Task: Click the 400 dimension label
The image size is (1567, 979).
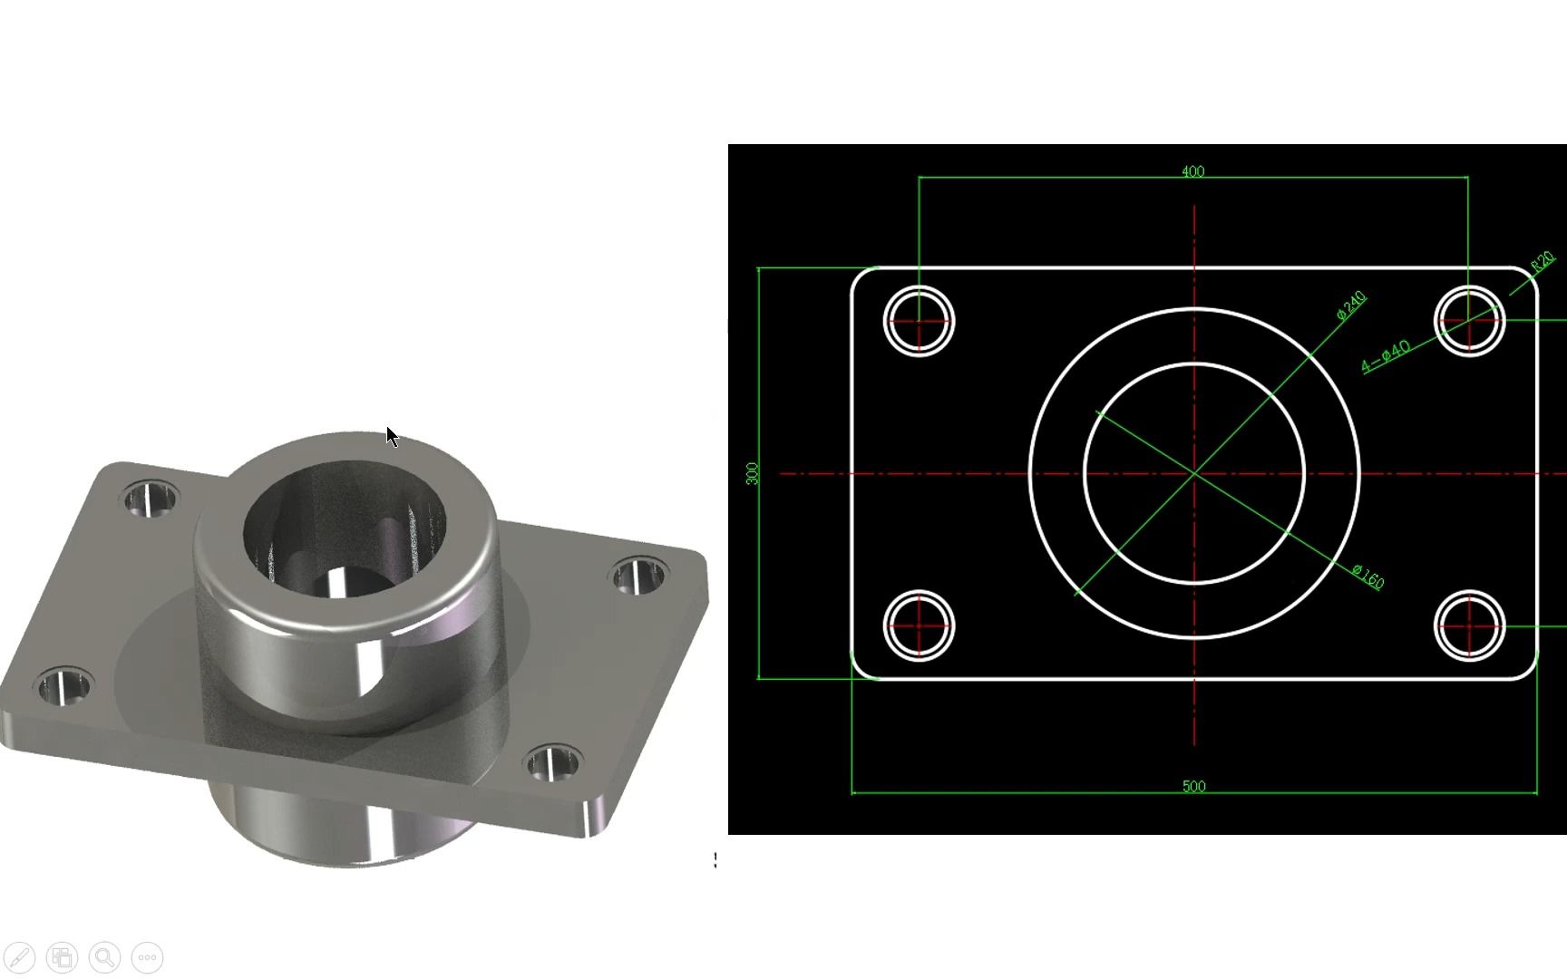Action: (1192, 171)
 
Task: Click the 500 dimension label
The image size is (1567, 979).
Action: (1193, 786)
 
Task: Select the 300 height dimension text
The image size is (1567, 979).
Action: (752, 473)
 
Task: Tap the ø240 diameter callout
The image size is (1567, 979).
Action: (1350, 305)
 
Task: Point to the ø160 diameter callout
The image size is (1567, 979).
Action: (1367, 577)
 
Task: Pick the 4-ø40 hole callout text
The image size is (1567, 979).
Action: (1386, 355)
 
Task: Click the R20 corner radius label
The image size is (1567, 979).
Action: (1543, 263)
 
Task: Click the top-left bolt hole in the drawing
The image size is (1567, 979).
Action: (919, 321)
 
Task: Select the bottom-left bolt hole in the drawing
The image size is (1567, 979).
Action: (919, 625)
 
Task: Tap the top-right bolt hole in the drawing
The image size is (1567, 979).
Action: (1469, 321)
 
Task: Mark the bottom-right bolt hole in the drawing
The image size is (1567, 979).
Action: (1469, 625)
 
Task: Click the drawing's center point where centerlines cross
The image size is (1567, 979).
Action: (1194, 473)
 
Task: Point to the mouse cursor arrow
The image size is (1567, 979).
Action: (392, 437)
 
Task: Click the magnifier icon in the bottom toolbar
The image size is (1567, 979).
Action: (105, 957)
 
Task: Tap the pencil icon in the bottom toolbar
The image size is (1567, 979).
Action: (20, 957)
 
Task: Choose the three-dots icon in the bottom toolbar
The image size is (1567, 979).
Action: (148, 957)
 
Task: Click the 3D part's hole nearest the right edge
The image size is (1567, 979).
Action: (638, 577)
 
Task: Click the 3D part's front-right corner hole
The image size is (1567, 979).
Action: (552, 762)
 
